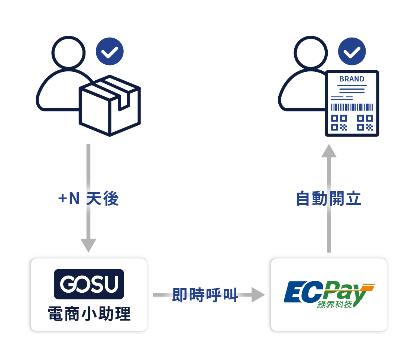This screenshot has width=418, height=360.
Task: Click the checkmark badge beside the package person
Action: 110,51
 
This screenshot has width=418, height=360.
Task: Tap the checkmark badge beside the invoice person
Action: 352,51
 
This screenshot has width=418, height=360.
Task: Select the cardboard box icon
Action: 110,106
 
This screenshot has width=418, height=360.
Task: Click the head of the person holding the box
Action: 69,52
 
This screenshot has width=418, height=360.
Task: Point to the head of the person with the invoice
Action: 311,52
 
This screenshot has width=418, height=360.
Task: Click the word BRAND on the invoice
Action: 352,79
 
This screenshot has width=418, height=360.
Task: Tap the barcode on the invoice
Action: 352,107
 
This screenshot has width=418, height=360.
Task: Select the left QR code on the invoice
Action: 339,123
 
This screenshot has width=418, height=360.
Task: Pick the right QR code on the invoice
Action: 364,123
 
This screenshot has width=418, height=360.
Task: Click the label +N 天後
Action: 88,199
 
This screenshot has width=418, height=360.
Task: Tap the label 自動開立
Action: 328,199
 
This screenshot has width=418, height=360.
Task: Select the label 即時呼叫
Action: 205,295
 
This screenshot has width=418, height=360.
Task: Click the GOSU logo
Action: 89,284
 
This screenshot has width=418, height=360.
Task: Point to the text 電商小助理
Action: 89,314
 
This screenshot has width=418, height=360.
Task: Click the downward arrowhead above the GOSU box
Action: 88,245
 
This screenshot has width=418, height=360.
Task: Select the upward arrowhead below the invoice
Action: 329,151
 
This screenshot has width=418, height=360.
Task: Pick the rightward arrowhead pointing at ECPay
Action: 258,295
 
